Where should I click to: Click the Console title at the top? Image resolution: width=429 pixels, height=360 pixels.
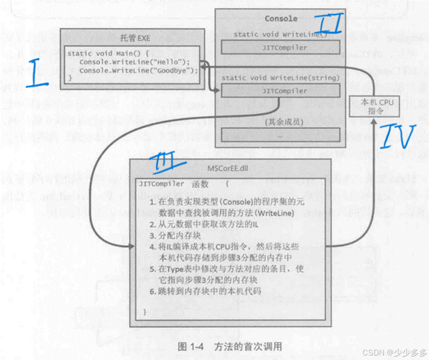click(281, 18)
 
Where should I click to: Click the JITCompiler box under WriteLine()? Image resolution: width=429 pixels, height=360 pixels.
click(280, 48)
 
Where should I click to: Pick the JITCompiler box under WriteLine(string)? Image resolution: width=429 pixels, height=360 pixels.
click(280, 91)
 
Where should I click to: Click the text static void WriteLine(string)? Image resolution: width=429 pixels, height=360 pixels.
click(280, 78)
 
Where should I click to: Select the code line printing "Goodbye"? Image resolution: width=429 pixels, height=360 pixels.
click(138, 70)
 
